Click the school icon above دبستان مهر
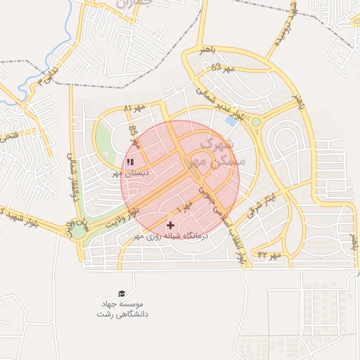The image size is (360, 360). click(x=130, y=162)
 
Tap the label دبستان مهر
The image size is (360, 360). click(x=129, y=172)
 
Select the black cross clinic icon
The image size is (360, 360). click(x=170, y=225)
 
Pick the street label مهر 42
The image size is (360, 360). click(x=269, y=254)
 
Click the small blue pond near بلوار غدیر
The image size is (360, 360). click(x=231, y=120)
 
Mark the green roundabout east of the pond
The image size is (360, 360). click(x=256, y=122)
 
